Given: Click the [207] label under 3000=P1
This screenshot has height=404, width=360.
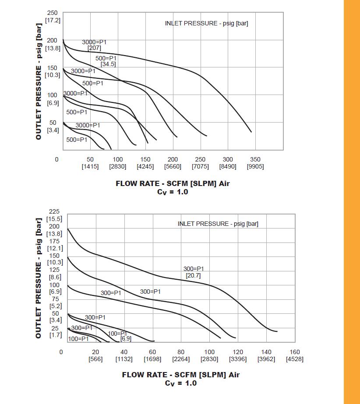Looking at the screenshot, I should [x=94, y=48].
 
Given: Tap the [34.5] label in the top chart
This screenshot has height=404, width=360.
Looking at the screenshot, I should [x=108, y=64].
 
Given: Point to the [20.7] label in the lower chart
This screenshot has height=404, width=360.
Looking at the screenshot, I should [x=193, y=275].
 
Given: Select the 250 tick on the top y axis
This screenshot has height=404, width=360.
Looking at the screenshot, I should [x=52, y=13].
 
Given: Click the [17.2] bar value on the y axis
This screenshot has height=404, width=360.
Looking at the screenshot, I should [x=52, y=20].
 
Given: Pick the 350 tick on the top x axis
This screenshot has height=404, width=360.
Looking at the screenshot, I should [x=255, y=159].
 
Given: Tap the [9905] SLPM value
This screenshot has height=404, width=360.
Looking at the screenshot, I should [x=255, y=166].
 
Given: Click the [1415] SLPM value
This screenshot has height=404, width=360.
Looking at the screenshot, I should [x=90, y=166].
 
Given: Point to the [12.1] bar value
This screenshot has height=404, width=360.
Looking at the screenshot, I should [x=55, y=248].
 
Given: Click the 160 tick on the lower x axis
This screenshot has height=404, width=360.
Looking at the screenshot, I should [x=295, y=352].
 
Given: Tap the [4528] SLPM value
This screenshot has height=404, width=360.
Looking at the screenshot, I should [x=295, y=359].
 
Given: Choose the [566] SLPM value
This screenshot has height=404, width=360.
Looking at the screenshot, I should [x=95, y=359].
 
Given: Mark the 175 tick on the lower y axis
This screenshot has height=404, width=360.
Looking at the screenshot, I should [x=54, y=241].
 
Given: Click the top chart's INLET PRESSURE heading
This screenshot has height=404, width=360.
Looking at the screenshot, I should [x=206, y=23].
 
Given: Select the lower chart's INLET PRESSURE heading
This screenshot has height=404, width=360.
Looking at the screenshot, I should [x=218, y=224].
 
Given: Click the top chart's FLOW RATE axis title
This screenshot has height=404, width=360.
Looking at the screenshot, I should [x=173, y=183].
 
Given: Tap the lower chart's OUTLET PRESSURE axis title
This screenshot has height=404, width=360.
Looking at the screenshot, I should [x=39, y=278].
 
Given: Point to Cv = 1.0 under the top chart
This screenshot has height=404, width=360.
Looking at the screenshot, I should [x=173, y=192].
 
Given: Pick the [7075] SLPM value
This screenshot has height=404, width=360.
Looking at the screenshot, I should [x=200, y=166].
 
